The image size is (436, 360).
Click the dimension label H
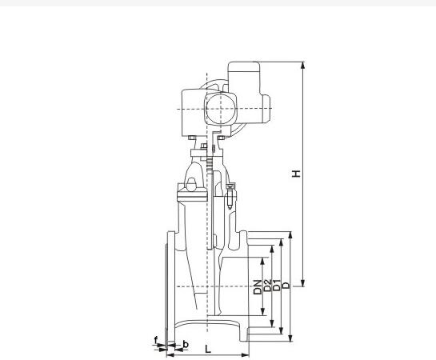click(x=296, y=174)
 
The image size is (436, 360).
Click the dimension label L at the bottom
click(x=208, y=349)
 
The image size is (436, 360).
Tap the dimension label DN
click(x=258, y=286)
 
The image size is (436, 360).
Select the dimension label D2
click(x=268, y=286)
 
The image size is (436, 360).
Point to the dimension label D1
click(x=278, y=286)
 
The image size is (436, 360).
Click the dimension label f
click(x=155, y=340)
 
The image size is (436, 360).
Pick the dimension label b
click(x=186, y=344)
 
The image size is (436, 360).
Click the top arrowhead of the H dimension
click(x=302, y=65)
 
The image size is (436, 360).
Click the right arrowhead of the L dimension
click(x=247, y=354)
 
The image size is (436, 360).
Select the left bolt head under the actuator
click(x=194, y=145)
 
